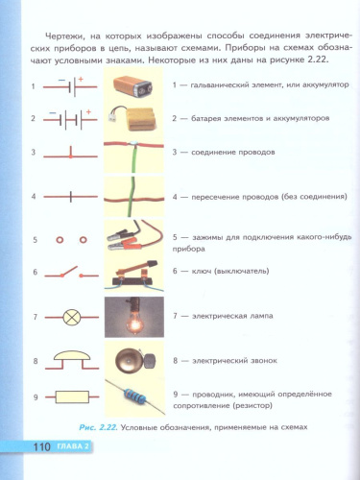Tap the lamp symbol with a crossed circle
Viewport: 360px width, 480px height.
click(x=70, y=317)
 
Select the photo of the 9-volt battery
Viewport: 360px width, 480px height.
click(x=132, y=86)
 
